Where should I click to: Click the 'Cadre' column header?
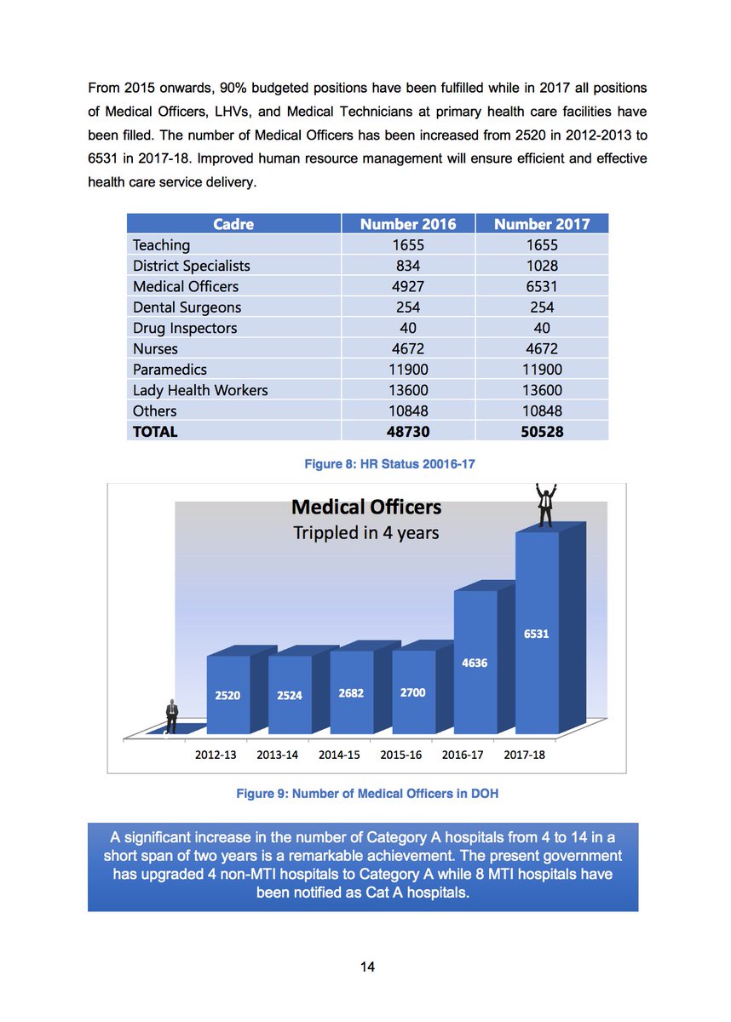[233, 224]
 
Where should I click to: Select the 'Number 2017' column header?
[541, 224]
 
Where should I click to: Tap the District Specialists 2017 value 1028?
[541, 266]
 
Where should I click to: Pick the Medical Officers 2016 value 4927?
[407, 286]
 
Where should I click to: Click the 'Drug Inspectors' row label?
[185, 328]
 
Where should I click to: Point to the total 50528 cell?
[541, 432]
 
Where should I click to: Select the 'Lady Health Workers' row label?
[200, 390]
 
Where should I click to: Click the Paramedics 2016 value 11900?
[407, 370]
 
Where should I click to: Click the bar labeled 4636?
[475, 662]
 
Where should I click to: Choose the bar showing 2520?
[227, 694]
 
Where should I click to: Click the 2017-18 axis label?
[525, 755]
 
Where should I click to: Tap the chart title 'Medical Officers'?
[366, 508]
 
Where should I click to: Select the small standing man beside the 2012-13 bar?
[172, 717]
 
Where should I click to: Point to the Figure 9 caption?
[367, 794]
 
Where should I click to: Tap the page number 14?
[367, 967]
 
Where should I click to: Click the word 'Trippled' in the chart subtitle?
[327, 533]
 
